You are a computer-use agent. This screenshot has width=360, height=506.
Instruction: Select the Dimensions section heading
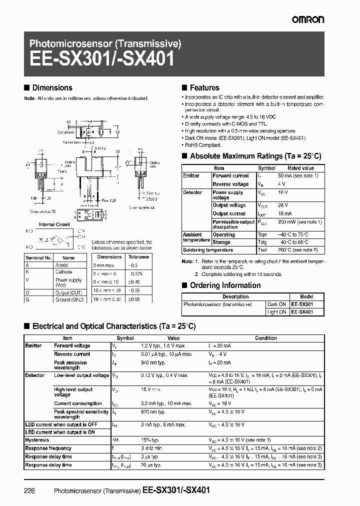point(52,87)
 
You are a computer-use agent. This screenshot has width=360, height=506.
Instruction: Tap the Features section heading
point(204,87)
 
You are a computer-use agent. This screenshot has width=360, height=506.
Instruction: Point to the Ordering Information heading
point(225,285)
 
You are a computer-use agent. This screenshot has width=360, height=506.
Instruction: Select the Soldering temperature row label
point(208,250)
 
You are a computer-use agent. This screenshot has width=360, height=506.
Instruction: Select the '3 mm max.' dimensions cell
point(104,265)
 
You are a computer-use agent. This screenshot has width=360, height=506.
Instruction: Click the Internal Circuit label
point(54,224)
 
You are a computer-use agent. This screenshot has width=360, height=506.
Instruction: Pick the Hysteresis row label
point(37,440)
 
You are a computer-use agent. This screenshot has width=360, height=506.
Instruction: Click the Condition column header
point(265,338)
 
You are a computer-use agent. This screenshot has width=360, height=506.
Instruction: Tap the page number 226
point(29,491)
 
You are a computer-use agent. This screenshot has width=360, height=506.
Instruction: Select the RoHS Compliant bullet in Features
point(203,144)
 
